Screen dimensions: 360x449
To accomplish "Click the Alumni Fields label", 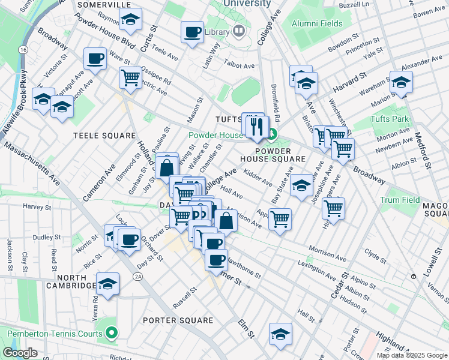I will pos(317,24).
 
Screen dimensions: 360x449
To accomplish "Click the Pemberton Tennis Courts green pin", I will pos(112,332).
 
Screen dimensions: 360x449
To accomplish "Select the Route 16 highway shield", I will pos(23,49).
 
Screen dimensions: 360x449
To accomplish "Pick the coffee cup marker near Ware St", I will pos(95,58).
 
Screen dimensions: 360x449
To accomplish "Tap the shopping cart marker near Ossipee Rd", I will pos(130,77).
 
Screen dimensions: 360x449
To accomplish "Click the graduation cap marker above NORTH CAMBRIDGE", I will pos(107,284).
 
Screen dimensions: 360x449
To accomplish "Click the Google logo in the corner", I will pos(20,353).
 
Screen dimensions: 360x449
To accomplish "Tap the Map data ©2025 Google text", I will pos(411,355).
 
